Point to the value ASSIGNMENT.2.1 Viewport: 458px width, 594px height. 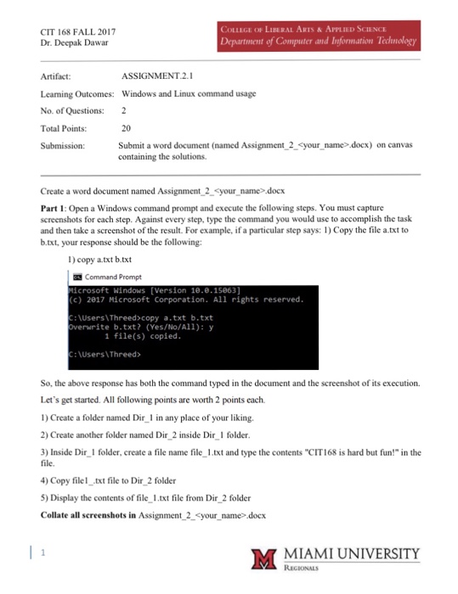[159, 76]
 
